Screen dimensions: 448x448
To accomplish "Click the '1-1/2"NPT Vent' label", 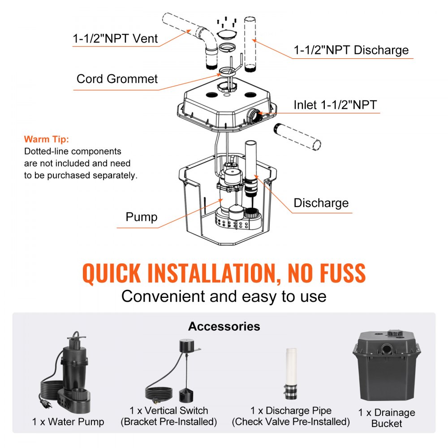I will tap(115, 39).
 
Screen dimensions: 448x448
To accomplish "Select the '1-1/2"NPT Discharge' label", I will tap(351, 50).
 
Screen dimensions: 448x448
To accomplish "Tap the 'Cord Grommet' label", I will tap(117, 79).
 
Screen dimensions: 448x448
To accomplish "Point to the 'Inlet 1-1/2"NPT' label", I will tap(335, 105).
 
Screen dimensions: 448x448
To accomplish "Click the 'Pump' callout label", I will tap(141, 217).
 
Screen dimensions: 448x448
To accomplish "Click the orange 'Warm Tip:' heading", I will tap(47, 139).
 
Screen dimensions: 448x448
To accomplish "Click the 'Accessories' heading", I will tap(224, 326).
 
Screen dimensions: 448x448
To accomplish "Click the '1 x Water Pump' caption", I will tap(68, 422).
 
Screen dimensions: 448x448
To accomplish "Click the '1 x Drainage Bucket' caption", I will tap(387, 418).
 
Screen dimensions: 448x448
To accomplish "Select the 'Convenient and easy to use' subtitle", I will tap(224, 296).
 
